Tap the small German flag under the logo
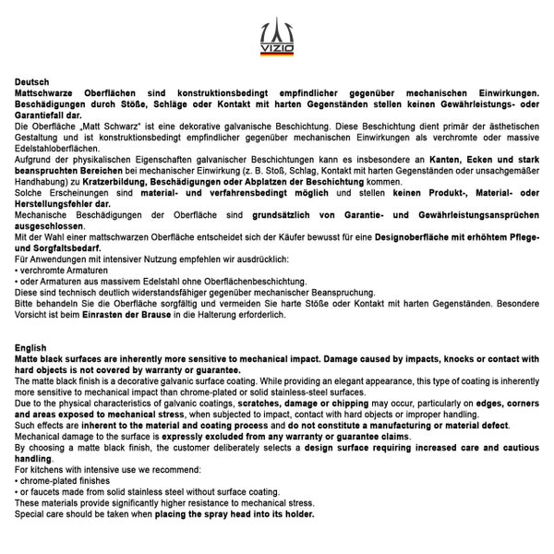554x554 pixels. coord(276,53)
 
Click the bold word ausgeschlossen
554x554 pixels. coord(53,225)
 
